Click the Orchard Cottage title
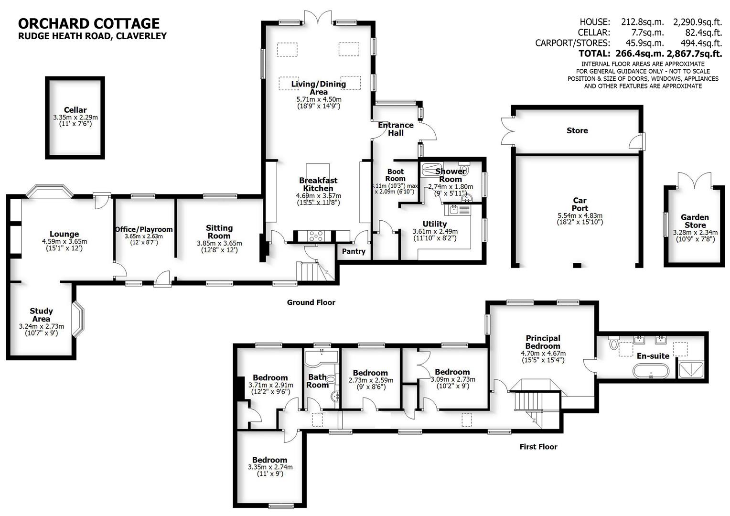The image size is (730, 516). (88, 23)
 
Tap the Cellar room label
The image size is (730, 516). (75, 110)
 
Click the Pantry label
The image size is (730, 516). (354, 251)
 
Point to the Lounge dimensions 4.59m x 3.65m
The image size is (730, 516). (64, 241)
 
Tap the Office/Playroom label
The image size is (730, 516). (144, 229)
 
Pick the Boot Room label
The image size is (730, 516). (395, 175)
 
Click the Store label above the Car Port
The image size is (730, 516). (577, 130)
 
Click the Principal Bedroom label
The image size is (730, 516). (543, 342)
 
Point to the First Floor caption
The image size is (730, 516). (538, 447)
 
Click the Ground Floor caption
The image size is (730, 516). (311, 302)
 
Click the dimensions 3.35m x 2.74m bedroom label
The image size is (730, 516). (270, 467)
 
